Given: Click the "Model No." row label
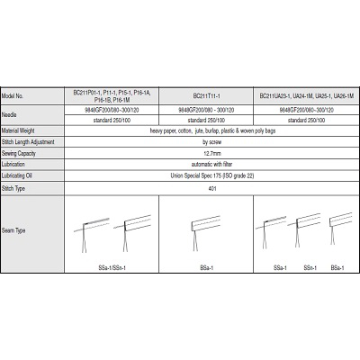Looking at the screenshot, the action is [x=17, y=94].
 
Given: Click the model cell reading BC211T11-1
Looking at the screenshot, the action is [x=208, y=94].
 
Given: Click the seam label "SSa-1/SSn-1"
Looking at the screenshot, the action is [x=112, y=267].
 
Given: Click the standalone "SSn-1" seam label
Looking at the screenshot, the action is [x=308, y=267].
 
